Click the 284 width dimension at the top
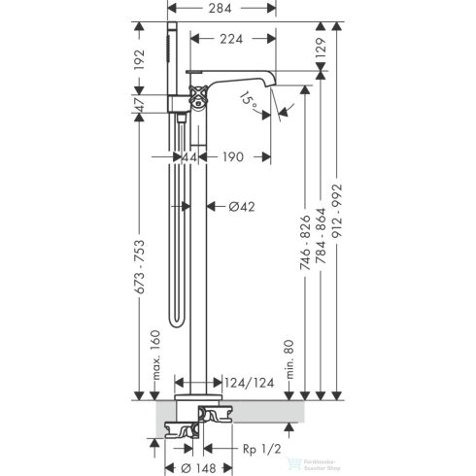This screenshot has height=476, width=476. coord(232,11)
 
